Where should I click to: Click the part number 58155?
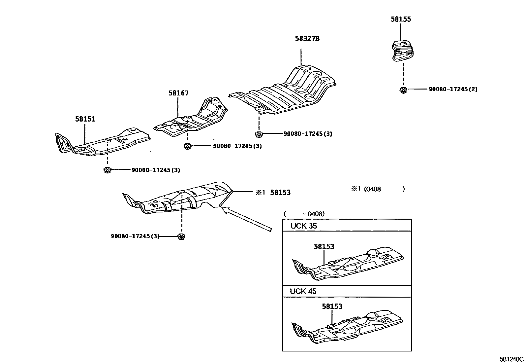pos(401,19)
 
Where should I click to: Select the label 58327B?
pos(307,39)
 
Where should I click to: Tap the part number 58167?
pos(178,93)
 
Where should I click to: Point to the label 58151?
pos(85,119)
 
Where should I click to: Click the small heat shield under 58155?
pos(403,51)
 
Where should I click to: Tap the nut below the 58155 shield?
pos(402,90)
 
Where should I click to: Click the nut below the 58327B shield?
pos(259,134)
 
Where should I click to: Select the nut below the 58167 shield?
pos(187,146)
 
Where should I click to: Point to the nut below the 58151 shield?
pos(107,170)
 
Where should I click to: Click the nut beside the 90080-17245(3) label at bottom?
pos(181,236)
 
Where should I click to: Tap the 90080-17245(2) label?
pos(453,89)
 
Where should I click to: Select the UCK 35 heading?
pos(303,226)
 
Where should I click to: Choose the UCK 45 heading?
pos(303,291)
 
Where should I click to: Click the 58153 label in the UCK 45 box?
pos(332,306)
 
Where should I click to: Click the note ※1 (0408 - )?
pos(378,189)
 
